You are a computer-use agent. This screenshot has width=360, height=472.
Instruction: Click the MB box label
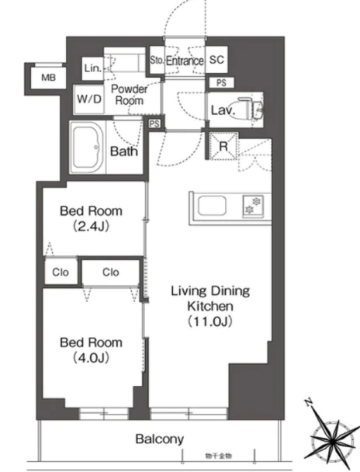pos(47,77)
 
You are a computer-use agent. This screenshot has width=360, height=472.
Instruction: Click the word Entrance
pos(184,61)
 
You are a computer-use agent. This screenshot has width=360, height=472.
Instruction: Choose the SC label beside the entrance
pos(216,61)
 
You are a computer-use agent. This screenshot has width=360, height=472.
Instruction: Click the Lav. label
pos(222,110)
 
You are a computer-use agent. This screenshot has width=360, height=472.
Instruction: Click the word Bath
pos(123,151)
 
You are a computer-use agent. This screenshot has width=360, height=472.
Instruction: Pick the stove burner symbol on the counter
pos(251,206)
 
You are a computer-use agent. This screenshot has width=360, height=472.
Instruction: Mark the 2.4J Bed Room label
pos(92,220)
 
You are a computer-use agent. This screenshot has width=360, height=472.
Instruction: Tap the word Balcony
pos(161,439)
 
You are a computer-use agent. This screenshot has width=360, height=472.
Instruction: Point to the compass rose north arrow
pos(310,404)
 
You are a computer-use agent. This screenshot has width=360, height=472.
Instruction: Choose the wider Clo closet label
pos(111,272)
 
